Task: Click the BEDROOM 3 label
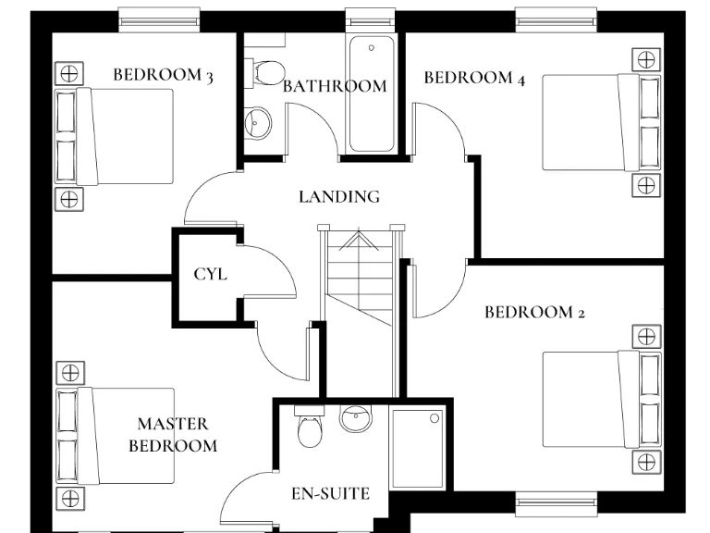[x=163, y=75]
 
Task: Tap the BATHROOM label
[x=334, y=86]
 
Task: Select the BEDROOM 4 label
[x=474, y=78]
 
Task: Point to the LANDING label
[x=339, y=196]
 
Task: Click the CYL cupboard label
[x=210, y=274]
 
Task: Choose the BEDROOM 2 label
[x=534, y=312]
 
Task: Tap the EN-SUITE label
[x=330, y=493]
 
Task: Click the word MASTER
[x=173, y=424]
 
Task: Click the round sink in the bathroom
[x=258, y=121]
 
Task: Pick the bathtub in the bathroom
[x=372, y=93]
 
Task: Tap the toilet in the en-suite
[x=309, y=427]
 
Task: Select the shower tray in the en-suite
[x=419, y=449]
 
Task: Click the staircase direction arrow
[x=356, y=242]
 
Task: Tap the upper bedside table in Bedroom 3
[x=68, y=72]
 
